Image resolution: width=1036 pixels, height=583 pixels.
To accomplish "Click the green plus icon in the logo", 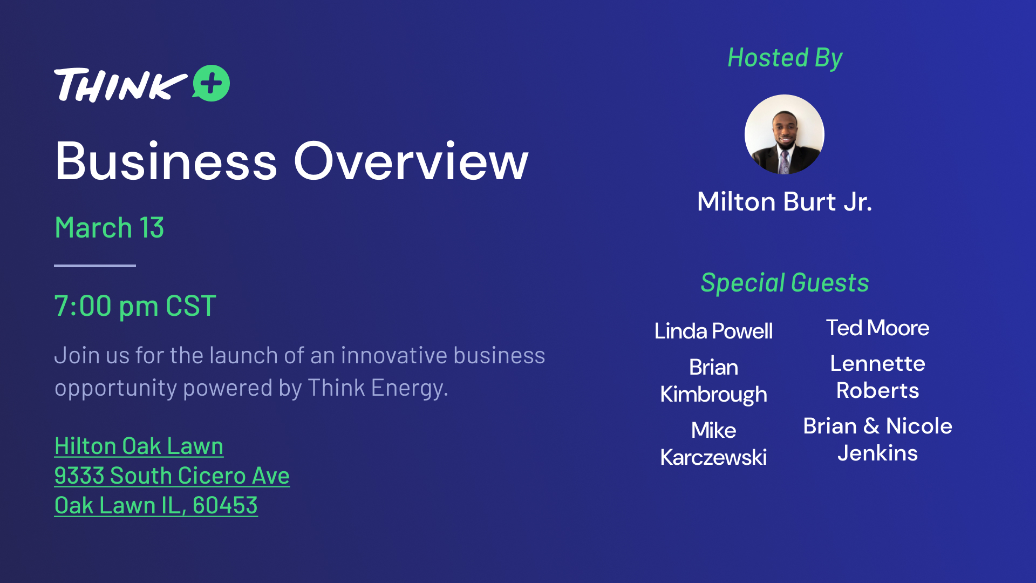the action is (x=211, y=83).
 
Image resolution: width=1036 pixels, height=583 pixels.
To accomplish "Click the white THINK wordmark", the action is (x=120, y=85).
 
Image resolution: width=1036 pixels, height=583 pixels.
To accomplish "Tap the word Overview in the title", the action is (x=411, y=161).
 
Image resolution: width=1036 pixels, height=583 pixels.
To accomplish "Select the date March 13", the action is (x=110, y=228).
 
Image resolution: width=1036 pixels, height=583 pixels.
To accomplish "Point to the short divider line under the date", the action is (x=95, y=266).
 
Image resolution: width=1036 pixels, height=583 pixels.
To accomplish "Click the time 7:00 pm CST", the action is (x=135, y=306).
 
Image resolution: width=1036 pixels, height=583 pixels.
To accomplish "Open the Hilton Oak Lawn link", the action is (x=139, y=446).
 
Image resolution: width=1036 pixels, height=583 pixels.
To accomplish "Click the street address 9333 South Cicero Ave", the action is (x=172, y=476).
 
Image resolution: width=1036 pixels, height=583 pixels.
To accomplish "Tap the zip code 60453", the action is (x=225, y=506).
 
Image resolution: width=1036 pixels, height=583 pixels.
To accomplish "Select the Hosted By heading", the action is (x=785, y=58).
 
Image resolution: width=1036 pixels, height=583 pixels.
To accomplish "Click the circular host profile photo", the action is (x=785, y=134).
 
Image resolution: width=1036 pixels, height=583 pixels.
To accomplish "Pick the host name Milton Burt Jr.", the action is (x=785, y=202).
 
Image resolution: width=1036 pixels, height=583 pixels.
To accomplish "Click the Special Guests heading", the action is (x=785, y=283).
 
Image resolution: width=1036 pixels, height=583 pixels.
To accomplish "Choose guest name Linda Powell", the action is (x=713, y=331).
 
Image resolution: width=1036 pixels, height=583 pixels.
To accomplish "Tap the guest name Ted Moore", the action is (x=877, y=328).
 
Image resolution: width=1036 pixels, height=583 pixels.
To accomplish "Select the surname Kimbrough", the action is (x=713, y=395).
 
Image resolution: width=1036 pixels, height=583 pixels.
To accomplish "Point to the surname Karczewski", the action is (x=713, y=458).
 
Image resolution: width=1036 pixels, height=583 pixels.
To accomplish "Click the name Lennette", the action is (x=877, y=364).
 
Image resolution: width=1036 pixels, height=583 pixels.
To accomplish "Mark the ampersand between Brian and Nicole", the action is (x=871, y=426).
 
